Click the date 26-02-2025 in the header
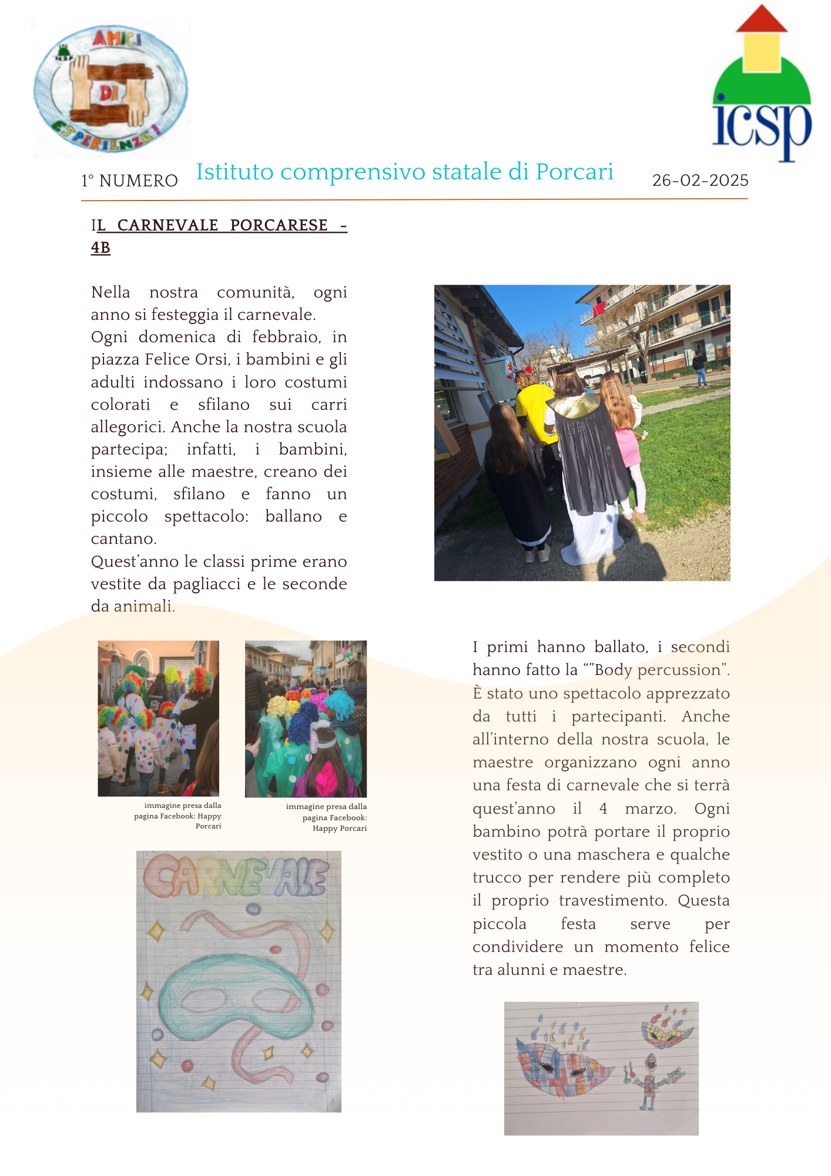click(700, 181)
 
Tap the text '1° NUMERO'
click(129, 181)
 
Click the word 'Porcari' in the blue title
click(574, 172)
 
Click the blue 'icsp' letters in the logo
click(762, 126)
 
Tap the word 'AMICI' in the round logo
click(118, 39)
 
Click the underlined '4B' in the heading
click(100, 248)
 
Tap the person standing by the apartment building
click(699, 368)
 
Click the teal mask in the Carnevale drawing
click(235, 988)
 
